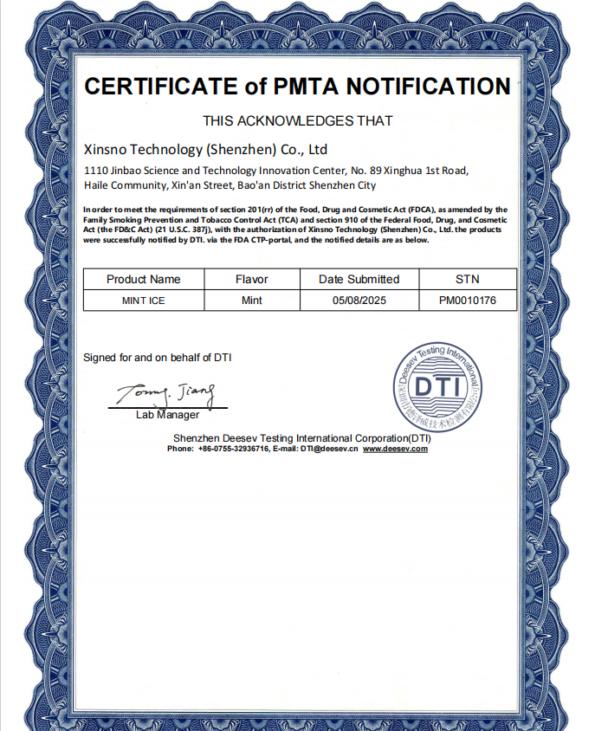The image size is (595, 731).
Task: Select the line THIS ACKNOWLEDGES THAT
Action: point(297,121)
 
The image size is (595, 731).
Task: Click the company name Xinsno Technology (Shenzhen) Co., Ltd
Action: point(205,149)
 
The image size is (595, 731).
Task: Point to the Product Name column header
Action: point(144,279)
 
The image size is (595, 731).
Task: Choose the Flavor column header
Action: point(252,279)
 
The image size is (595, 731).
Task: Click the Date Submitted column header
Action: point(359,279)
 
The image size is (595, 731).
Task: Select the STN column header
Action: point(467,279)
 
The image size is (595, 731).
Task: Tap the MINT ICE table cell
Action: point(144,301)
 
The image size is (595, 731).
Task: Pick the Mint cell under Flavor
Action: point(252,301)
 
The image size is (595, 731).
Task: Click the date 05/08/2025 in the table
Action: point(359,301)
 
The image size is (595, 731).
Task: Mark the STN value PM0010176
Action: point(467,301)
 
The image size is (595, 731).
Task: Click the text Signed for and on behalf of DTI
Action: point(157,358)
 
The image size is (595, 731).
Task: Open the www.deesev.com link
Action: point(395,449)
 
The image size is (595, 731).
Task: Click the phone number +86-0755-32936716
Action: point(233,449)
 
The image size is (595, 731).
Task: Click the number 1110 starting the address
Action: point(95,171)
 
